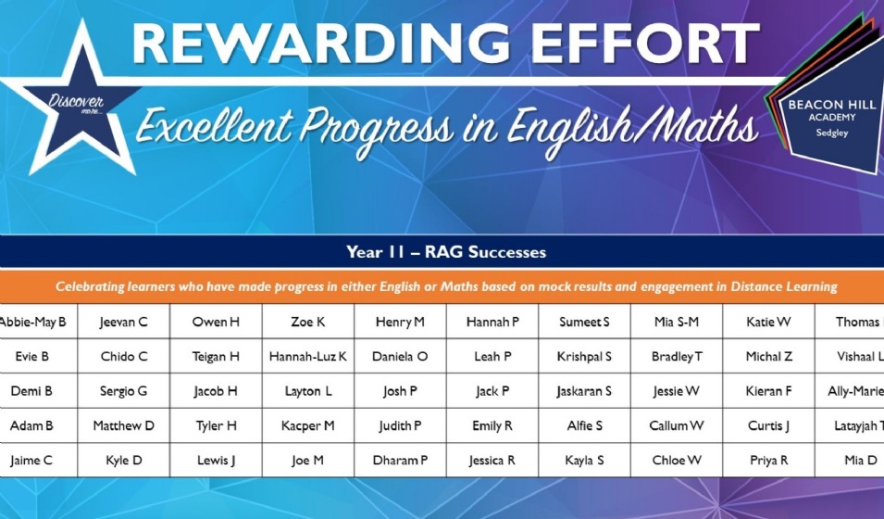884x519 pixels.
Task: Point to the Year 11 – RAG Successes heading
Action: [x=445, y=252]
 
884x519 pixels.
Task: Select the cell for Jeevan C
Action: [x=123, y=323]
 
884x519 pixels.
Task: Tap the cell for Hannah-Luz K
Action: [x=307, y=357]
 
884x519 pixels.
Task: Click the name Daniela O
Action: [x=400, y=357]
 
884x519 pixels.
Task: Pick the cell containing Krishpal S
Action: [x=584, y=357]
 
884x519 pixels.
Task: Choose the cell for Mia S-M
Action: [x=676, y=323]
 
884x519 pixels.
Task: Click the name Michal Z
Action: [x=768, y=357]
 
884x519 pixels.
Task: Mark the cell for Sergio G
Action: [x=123, y=391]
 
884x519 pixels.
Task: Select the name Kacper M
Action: [x=307, y=426]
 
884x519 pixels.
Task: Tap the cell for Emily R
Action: [x=492, y=426]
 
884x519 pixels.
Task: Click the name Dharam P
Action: [x=400, y=461]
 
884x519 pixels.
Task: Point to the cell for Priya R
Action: [x=768, y=461]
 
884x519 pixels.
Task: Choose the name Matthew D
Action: [x=123, y=426]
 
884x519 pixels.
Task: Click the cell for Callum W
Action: [x=676, y=426]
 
